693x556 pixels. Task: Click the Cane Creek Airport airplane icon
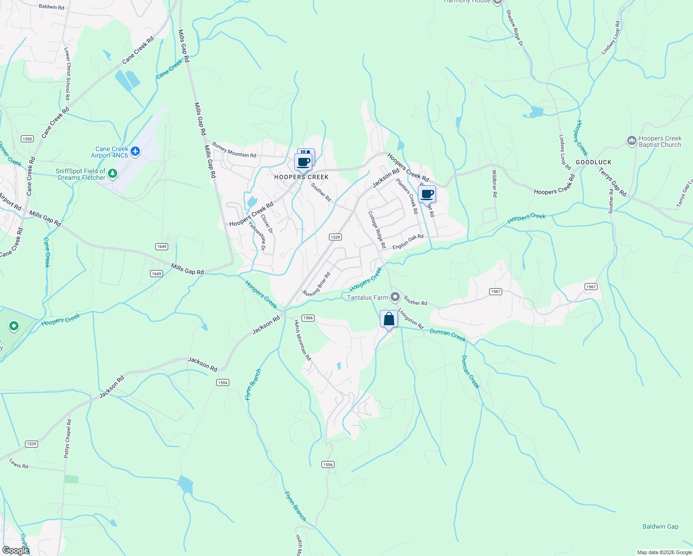click(x=135, y=151)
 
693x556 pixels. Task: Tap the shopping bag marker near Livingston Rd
click(x=389, y=319)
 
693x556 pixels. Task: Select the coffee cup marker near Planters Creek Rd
click(x=427, y=195)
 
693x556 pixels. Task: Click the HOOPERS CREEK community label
click(x=302, y=177)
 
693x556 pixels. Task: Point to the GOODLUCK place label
click(x=593, y=162)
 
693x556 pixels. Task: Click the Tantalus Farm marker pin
click(x=395, y=297)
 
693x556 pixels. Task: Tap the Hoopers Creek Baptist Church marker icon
click(x=631, y=141)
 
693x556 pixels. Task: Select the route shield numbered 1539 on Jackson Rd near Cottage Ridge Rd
click(x=335, y=237)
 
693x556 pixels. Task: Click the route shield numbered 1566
click(x=308, y=318)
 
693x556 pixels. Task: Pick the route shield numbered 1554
click(x=223, y=382)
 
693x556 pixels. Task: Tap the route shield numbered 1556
click(x=328, y=464)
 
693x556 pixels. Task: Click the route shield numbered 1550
click(x=27, y=139)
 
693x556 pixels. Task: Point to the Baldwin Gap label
click(x=660, y=526)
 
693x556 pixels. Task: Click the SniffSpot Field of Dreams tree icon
click(x=112, y=174)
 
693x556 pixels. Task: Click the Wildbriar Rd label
click(x=495, y=183)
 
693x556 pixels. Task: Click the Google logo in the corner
click(x=16, y=550)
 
